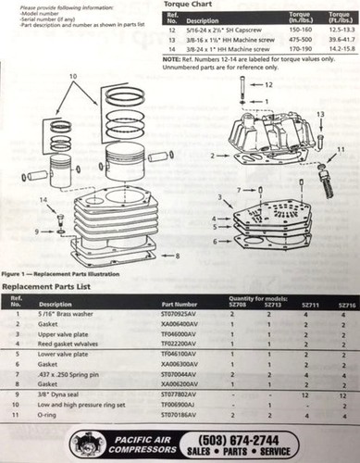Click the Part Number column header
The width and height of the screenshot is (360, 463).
tap(180, 304)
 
